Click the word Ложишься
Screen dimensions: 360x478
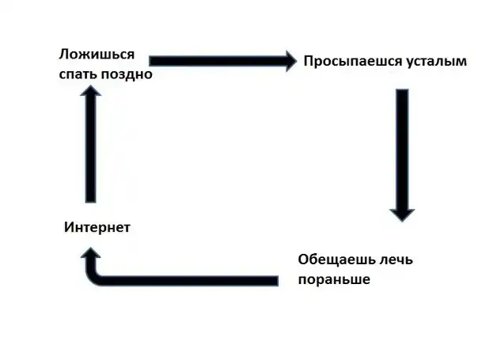tap(96, 55)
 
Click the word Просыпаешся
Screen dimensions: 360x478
tap(341, 60)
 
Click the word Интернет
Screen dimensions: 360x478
tap(97, 228)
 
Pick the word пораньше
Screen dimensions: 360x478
tap(334, 279)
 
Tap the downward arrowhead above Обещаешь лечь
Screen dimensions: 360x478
tap(402, 212)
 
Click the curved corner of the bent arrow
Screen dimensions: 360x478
tap(101, 276)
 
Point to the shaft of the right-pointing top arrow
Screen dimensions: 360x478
tap(210, 60)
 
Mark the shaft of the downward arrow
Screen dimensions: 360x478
tap(402, 146)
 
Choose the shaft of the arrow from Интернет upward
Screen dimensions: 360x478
tap(92, 150)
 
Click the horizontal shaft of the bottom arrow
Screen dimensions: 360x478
tap(190, 280)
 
